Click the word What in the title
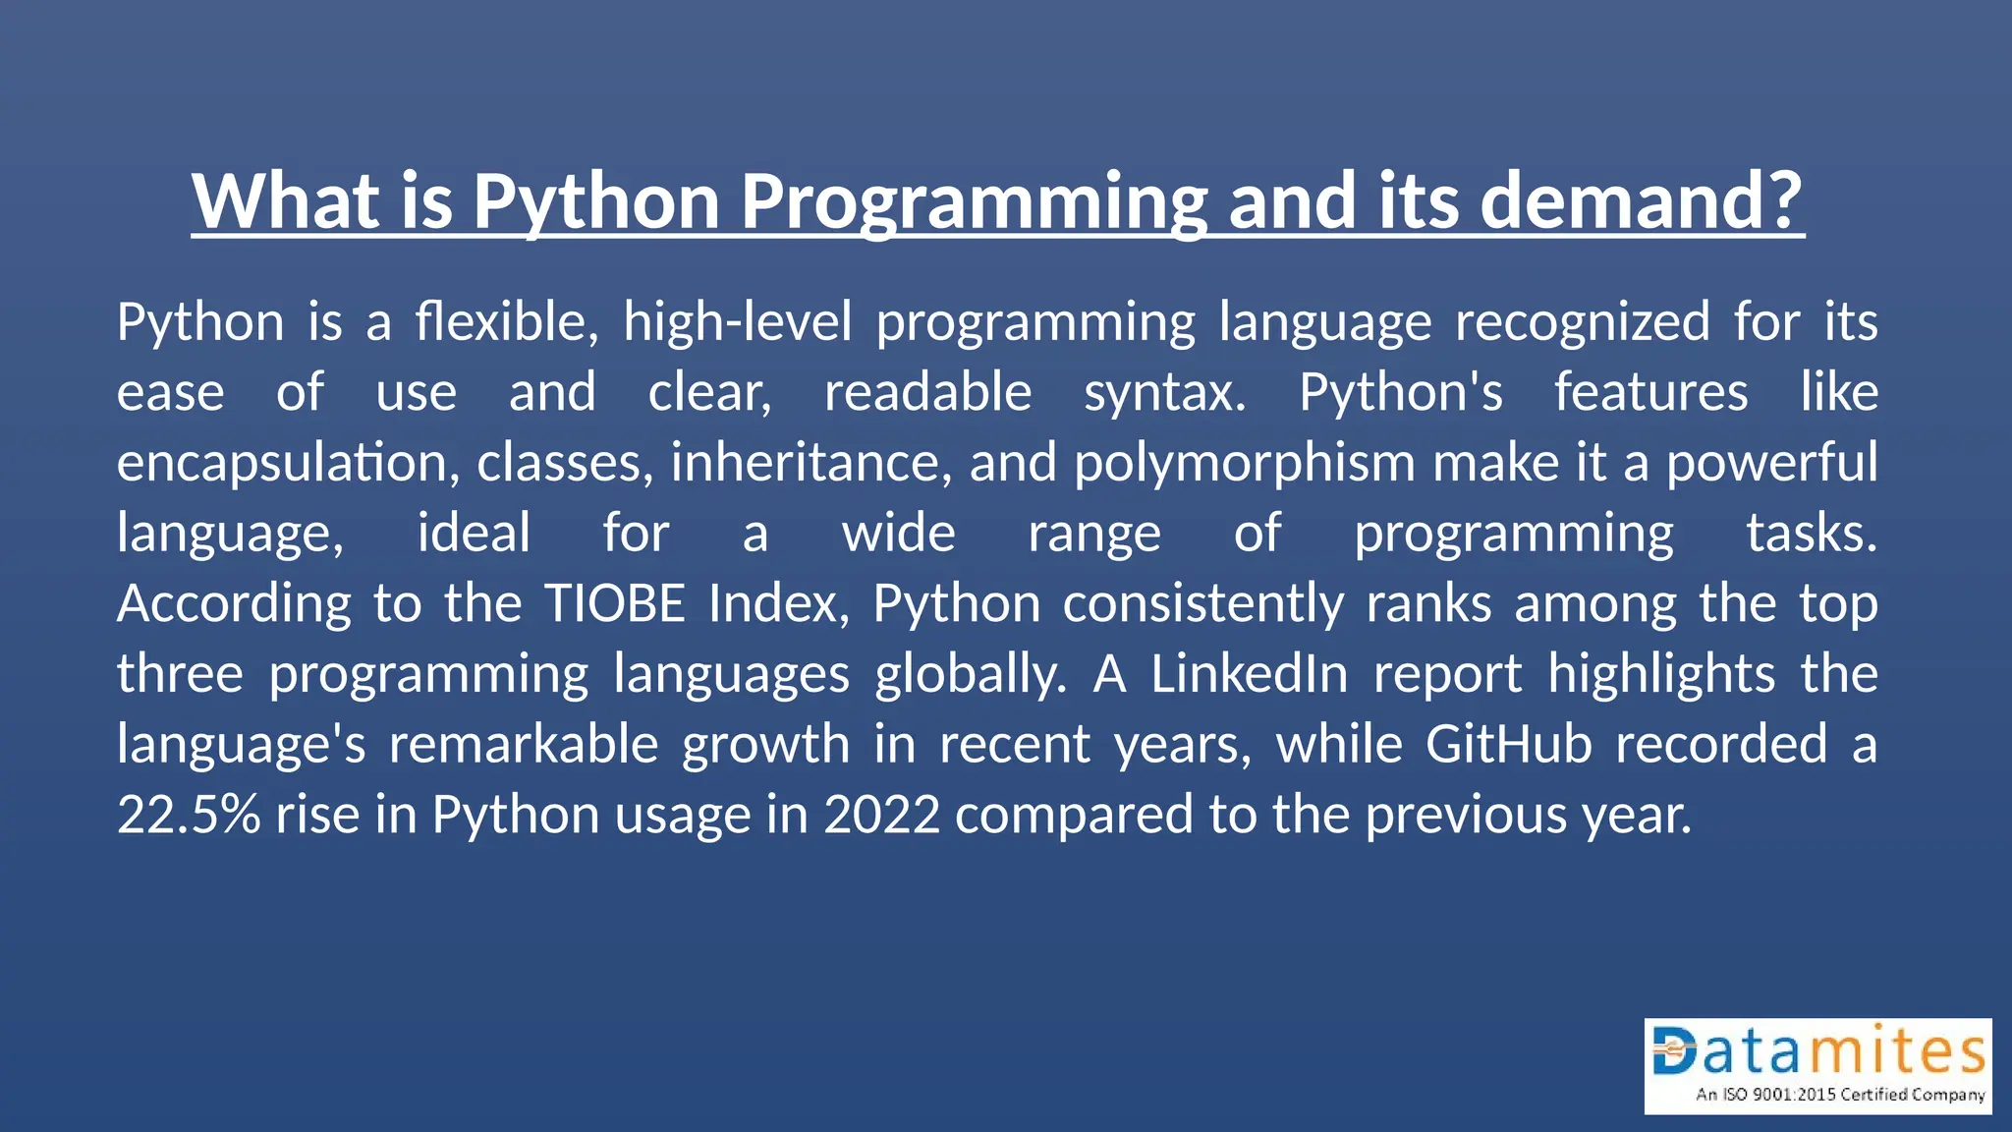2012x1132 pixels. click(x=285, y=200)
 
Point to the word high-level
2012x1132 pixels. click(x=738, y=322)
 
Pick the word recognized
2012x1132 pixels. click(x=1582, y=322)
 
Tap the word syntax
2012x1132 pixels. click(x=1164, y=393)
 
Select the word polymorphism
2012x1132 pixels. click(x=1244, y=463)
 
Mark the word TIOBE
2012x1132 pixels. click(x=615, y=603)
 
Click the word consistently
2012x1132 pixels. click(x=1203, y=603)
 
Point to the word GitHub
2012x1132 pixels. click(x=1508, y=744)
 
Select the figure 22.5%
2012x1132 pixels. click(x=189, y=815)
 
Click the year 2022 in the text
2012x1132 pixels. click(x=881, y=815)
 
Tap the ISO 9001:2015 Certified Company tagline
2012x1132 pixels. click(x=1839, y=1095)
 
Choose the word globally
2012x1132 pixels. click(x=970, y=676)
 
